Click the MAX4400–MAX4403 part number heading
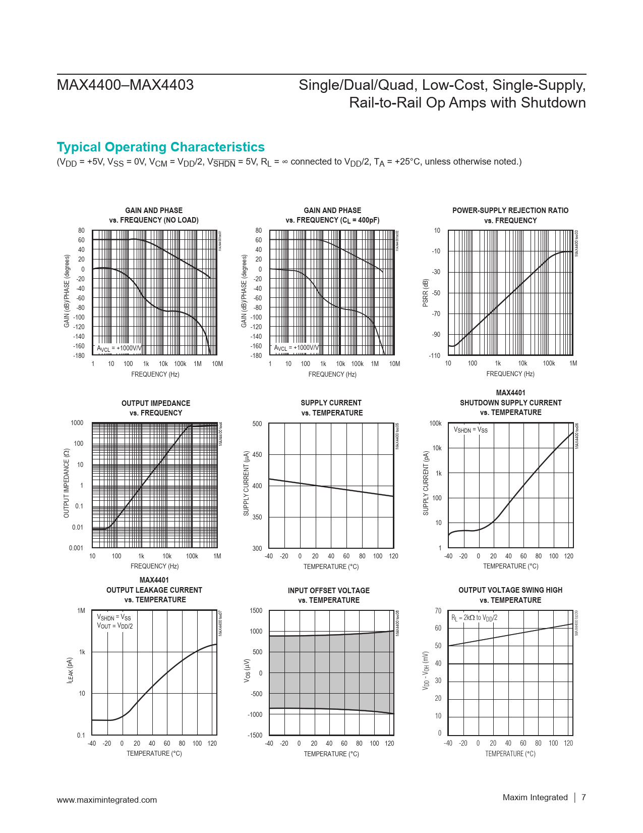pyautogui.click(x=125, y=85)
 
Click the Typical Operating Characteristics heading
pyautogui.click(x=160, y=147)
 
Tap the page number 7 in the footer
pyautogui.click(x=583, y=797)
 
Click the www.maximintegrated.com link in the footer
pyautogui.click(x=107, y=800)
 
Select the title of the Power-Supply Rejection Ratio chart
pyautogui.click(x=510, y=216)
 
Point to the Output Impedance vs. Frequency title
pyautogui.click(x=156, y=408)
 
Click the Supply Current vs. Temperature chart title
pyautogui.click(x=331, y=408)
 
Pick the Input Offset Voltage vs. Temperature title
pyautogui.click(x=328, y=595)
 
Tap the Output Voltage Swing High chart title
pyautogui.click(x=510, y=595)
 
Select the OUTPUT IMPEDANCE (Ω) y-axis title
pyautogui.click(x=66, y=483)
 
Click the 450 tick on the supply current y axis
pyautogui.click(x=257, y=455)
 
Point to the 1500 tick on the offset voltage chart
pyautogui.click(x=256, y=611)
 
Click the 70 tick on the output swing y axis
pyautogui.click(x=438, y=611)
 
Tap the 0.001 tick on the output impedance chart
pyautogui.click(x=76, y=548)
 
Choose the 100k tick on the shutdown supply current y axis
pyautogui.click(x=435, y=424)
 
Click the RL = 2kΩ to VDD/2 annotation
pyautogui.click(x=474, y=618)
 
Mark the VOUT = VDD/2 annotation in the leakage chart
pyautogui.click(x=115, y=626)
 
